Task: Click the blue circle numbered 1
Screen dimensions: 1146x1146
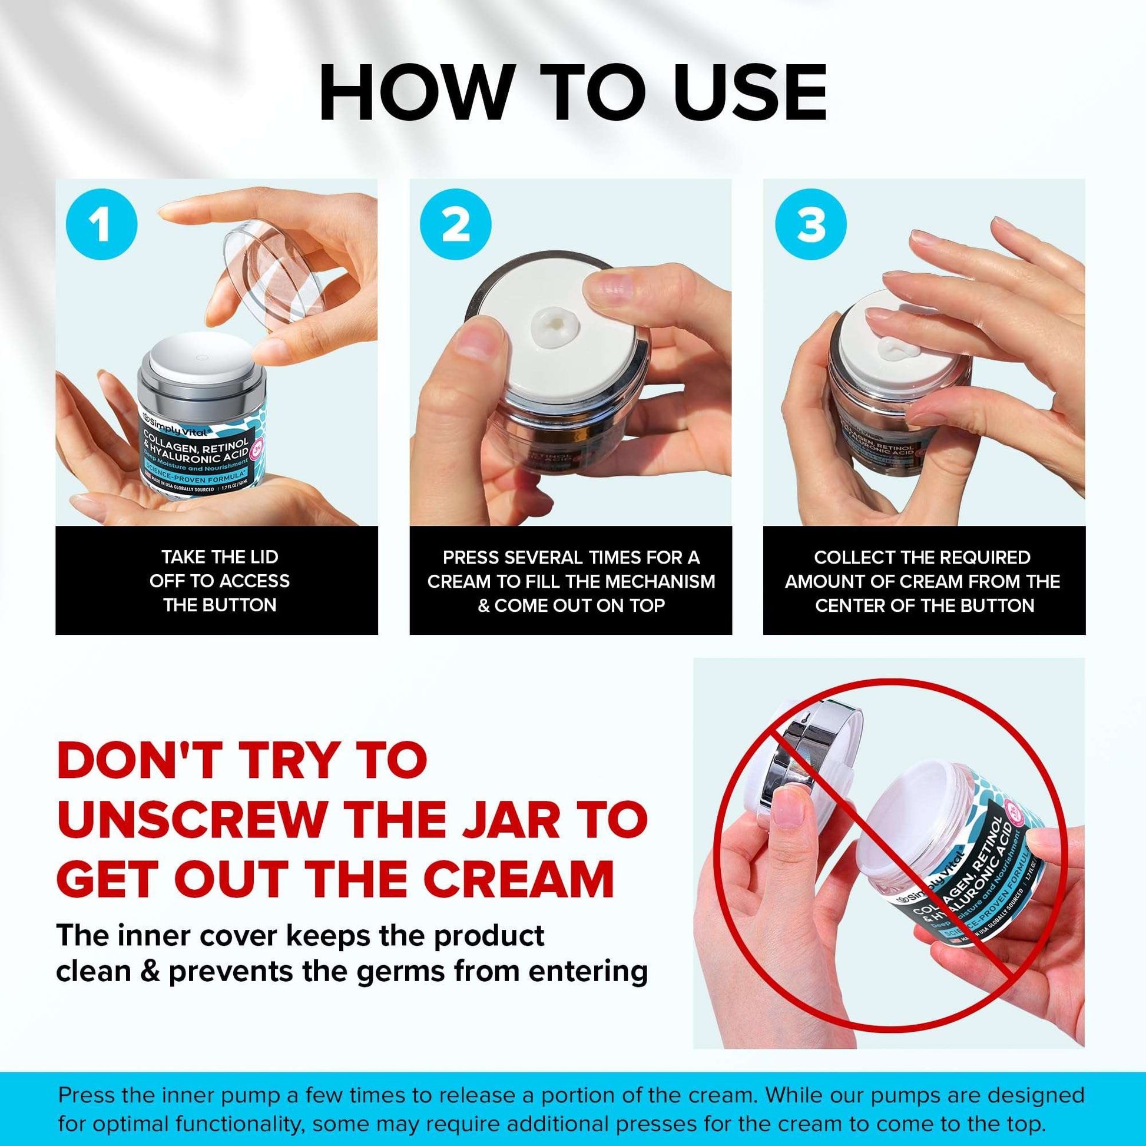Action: pyautogui.click(x=102, y=226)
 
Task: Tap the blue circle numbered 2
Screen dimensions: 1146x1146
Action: pyautogui.click(x=456, y=226)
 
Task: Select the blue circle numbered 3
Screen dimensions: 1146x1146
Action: pyautogui.click(x=811, y=226)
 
